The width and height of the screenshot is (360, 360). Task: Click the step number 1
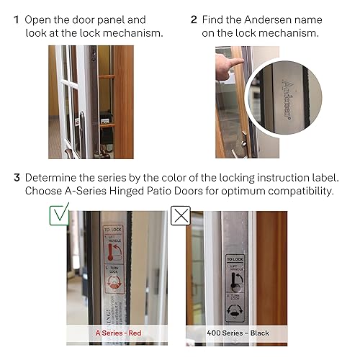point(16,19)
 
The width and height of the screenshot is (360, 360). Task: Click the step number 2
point(194,19)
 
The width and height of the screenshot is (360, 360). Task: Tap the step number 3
point(16,178)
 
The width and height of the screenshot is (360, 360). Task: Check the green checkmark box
point(60,214)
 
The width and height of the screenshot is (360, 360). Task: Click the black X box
point(179,215)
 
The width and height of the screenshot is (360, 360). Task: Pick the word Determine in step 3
point(52,178)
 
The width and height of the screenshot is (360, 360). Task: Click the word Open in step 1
point(38,19)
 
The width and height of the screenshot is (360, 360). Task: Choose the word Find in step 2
point(214,19)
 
